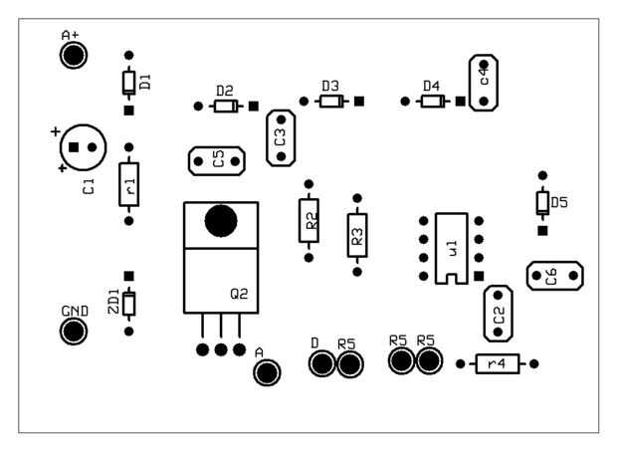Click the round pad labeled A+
pos(73,55)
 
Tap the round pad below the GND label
pos(75,331)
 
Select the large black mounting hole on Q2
pos(220,221)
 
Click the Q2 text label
pos(240,294)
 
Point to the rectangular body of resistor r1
pos(128,183)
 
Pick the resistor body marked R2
pos(309,220)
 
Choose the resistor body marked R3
pos(356,235)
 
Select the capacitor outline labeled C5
pos(217,159)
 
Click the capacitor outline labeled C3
pos(280,136)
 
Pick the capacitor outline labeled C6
pos(553,277)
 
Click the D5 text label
pos(558,202)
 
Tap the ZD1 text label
pos(113,303)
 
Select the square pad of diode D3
pos(359,101)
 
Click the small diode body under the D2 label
pos(226,106)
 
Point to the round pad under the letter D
pos(320,364)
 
